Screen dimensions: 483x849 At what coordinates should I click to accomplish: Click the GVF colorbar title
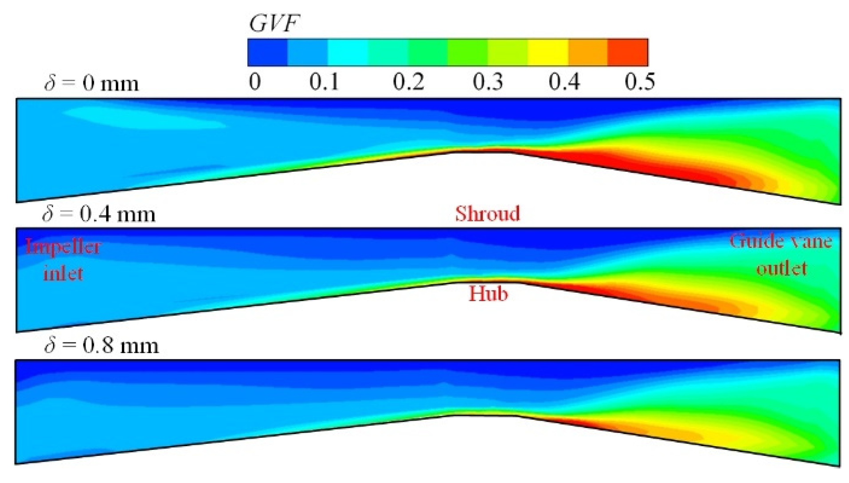(274, 23)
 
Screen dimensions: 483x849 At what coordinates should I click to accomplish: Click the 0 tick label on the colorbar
(254, 82)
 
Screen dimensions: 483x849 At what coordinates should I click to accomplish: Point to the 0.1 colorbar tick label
(324, 82)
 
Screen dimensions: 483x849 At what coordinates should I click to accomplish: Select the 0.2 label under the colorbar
(408, 82)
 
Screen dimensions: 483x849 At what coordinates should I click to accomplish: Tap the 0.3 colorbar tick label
(488, 82)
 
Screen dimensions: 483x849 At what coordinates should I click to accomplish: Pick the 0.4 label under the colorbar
(564, 82)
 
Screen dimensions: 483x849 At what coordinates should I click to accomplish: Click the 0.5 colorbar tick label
(640, 82)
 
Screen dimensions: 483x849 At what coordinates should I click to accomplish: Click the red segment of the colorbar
(627, 52)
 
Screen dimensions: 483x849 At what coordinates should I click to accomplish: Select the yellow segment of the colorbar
(548, 52)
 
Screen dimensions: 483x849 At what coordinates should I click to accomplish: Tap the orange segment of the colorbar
(588, 52)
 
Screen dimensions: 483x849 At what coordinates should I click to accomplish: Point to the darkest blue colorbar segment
(267, 52)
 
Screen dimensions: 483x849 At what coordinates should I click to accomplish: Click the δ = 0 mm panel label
(92, 83)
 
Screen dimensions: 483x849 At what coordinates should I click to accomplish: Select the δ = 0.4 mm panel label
(99, 214)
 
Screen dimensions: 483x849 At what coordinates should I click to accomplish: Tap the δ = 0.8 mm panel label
(102, 346)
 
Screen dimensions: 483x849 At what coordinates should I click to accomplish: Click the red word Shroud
(487, 214)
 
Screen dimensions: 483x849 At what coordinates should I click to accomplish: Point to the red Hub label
(488, 294)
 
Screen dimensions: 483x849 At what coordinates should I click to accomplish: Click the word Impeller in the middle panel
(63, 247)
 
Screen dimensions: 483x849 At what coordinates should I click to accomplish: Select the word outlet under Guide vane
(782, 268)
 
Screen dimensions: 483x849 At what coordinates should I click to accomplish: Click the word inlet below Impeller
(63, 273)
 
